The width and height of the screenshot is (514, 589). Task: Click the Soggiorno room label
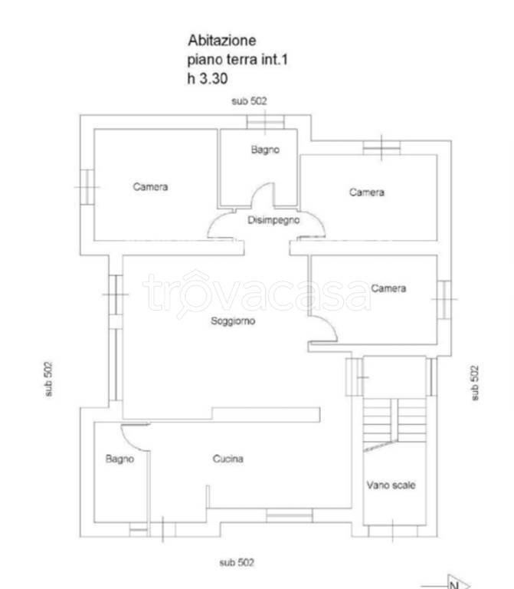pos(233,321)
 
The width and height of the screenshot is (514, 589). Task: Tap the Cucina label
pos(228,459)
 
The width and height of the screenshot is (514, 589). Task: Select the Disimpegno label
pos(273,220)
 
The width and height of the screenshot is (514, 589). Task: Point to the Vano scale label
pos(391,485)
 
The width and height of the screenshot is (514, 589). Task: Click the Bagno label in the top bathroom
pos(265,150)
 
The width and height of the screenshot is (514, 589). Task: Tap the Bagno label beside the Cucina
pos(119,459)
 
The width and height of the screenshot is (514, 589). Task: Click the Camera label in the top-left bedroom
pos(150,186)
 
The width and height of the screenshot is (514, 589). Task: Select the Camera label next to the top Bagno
pos(367,192)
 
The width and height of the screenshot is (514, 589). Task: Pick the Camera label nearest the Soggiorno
pos(388,288)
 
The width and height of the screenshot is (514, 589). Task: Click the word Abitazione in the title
pos(222,40)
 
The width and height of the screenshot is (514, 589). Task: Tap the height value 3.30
pos(214,78)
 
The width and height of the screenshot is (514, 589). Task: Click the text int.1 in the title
pos(274,59)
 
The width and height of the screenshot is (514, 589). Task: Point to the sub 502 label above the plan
pos(249,101)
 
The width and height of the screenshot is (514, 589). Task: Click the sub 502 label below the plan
pos(237,562)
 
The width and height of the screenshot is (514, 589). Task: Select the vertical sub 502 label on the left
pos(48,379)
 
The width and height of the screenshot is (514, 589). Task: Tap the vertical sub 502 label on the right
pos(475,383)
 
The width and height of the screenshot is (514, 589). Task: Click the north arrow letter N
pos(454,585)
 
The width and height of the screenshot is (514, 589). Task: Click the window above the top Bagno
pos(265,122)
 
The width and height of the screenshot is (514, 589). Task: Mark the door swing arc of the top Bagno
pos(260,192)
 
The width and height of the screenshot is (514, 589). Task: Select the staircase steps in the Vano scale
pos(395,421)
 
